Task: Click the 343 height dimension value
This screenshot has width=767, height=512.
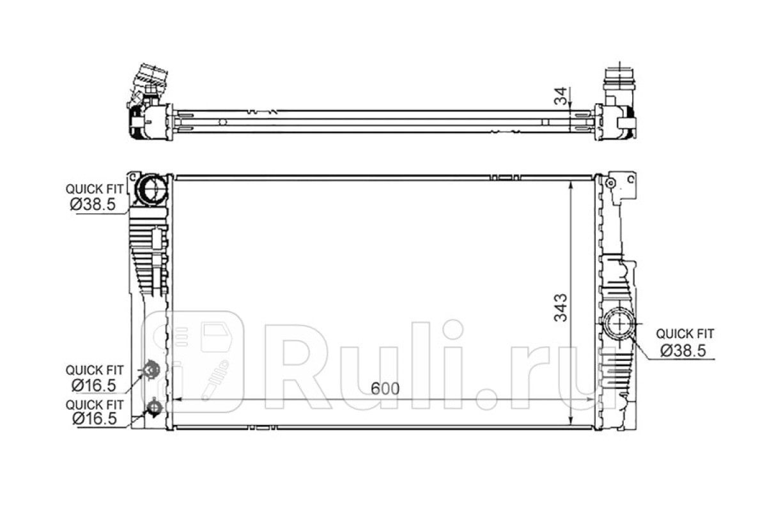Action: [561, 308]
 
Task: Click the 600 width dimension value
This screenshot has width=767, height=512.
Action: [385, 388]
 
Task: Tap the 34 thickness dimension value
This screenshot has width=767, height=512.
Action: [561, 96]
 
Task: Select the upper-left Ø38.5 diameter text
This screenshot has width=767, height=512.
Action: [93, 204]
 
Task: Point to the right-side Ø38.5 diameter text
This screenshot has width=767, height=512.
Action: [683, 351]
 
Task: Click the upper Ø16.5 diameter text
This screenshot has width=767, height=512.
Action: [93, 385]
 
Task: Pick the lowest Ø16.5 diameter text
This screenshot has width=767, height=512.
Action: [95, 419]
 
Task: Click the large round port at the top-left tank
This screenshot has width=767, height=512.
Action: [151, 189]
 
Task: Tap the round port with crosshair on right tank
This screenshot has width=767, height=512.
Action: [619, 323]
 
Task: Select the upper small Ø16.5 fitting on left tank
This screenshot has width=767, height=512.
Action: [150, 370]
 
